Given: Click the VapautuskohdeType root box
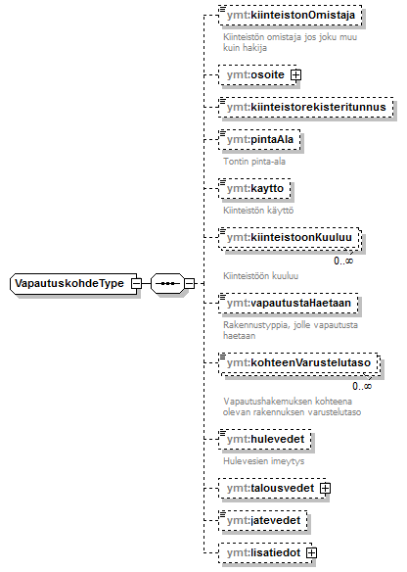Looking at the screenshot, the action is pyautogui.click(x=73, y=283).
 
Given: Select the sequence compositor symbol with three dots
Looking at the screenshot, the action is pyautogui.click(x=167, y=283).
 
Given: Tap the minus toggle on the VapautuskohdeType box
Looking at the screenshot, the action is pyautogui.click(x=136, y=283).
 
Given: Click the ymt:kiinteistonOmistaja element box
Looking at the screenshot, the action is pyautogui.click(x=291, y=16).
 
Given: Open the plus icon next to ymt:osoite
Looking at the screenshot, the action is pyautogui.click(x=295, y=75).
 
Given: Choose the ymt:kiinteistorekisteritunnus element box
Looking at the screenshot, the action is pyautogui.click(x=306, y=108).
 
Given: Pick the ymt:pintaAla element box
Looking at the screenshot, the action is pyautogui.click(x=260, y=139).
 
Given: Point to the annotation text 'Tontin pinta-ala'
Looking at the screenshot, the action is pyautogui.click(x=254, y=162).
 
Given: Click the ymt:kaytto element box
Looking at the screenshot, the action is pyautogui.click(x=254, y=189).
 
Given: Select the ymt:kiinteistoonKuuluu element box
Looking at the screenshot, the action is pyautogui.click(x=290, y=238).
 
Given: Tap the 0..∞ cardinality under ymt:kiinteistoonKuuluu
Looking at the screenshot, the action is pyautogui.click(x=343, y=261).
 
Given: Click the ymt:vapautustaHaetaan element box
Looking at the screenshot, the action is pyautogui.click(x=289, y=304).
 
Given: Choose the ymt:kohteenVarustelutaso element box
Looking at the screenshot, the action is pyautogui.click(x=298, y=363).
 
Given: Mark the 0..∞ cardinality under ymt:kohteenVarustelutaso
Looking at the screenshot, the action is pyautogui.click(x=362, y=386).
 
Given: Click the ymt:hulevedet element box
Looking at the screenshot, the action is pyautogui.click(x=265, y=439).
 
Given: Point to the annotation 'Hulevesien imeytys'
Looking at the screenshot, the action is pyautogui.click(x=264, y=461).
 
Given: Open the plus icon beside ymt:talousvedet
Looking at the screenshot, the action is pyautogui.click(x=326, y=489).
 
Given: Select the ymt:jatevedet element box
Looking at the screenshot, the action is pyautogui.click(x=263, y=520).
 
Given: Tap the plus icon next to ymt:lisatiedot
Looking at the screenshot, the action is pyautogui.click(x=311, y=553).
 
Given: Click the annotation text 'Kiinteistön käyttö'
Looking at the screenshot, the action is pyautogui.click(x=258, y=211).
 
